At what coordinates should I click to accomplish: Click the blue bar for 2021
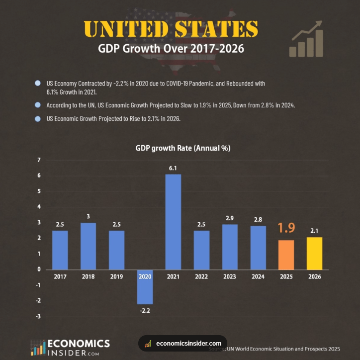tap(173, 221)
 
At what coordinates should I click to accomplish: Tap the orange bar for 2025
tap(286, 255)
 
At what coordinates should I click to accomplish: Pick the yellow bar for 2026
tap(314, 253)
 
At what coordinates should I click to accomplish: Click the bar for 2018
tap(88, 246)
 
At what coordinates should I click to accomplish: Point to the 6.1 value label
tap(173, 169)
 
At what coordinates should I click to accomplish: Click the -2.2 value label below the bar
tap(145, 311)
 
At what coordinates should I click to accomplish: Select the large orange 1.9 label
tap(286, 228)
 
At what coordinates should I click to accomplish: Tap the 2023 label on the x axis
tap(230, 276)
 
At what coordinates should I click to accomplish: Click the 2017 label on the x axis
tap(60, 276)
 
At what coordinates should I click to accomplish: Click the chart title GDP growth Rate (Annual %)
tap(183, 148)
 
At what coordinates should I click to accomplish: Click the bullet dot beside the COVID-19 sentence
tap(38, 84)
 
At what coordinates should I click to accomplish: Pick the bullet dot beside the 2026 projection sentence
tap(38, 119)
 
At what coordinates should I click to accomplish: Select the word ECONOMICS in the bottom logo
tap(79, 344)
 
